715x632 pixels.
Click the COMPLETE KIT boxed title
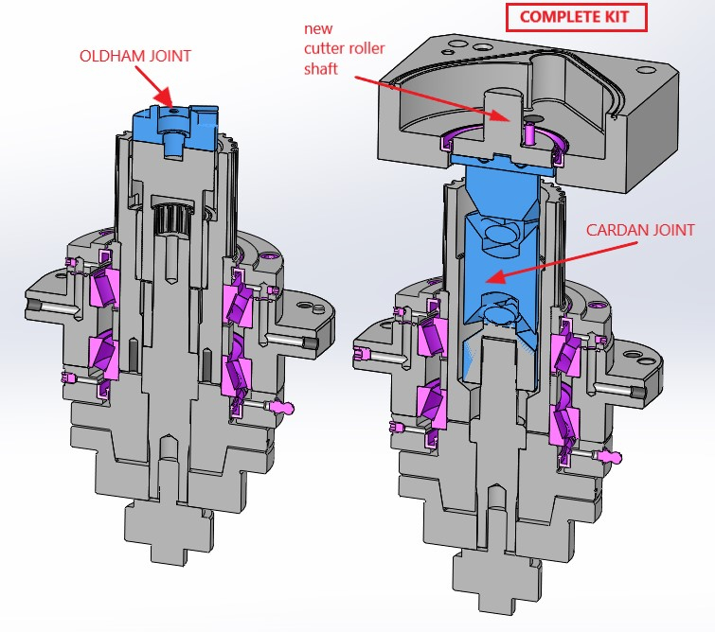pyautogui.click(x=574, y=17)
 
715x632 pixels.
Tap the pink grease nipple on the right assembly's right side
pyautogui.click(x=612, y=457)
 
